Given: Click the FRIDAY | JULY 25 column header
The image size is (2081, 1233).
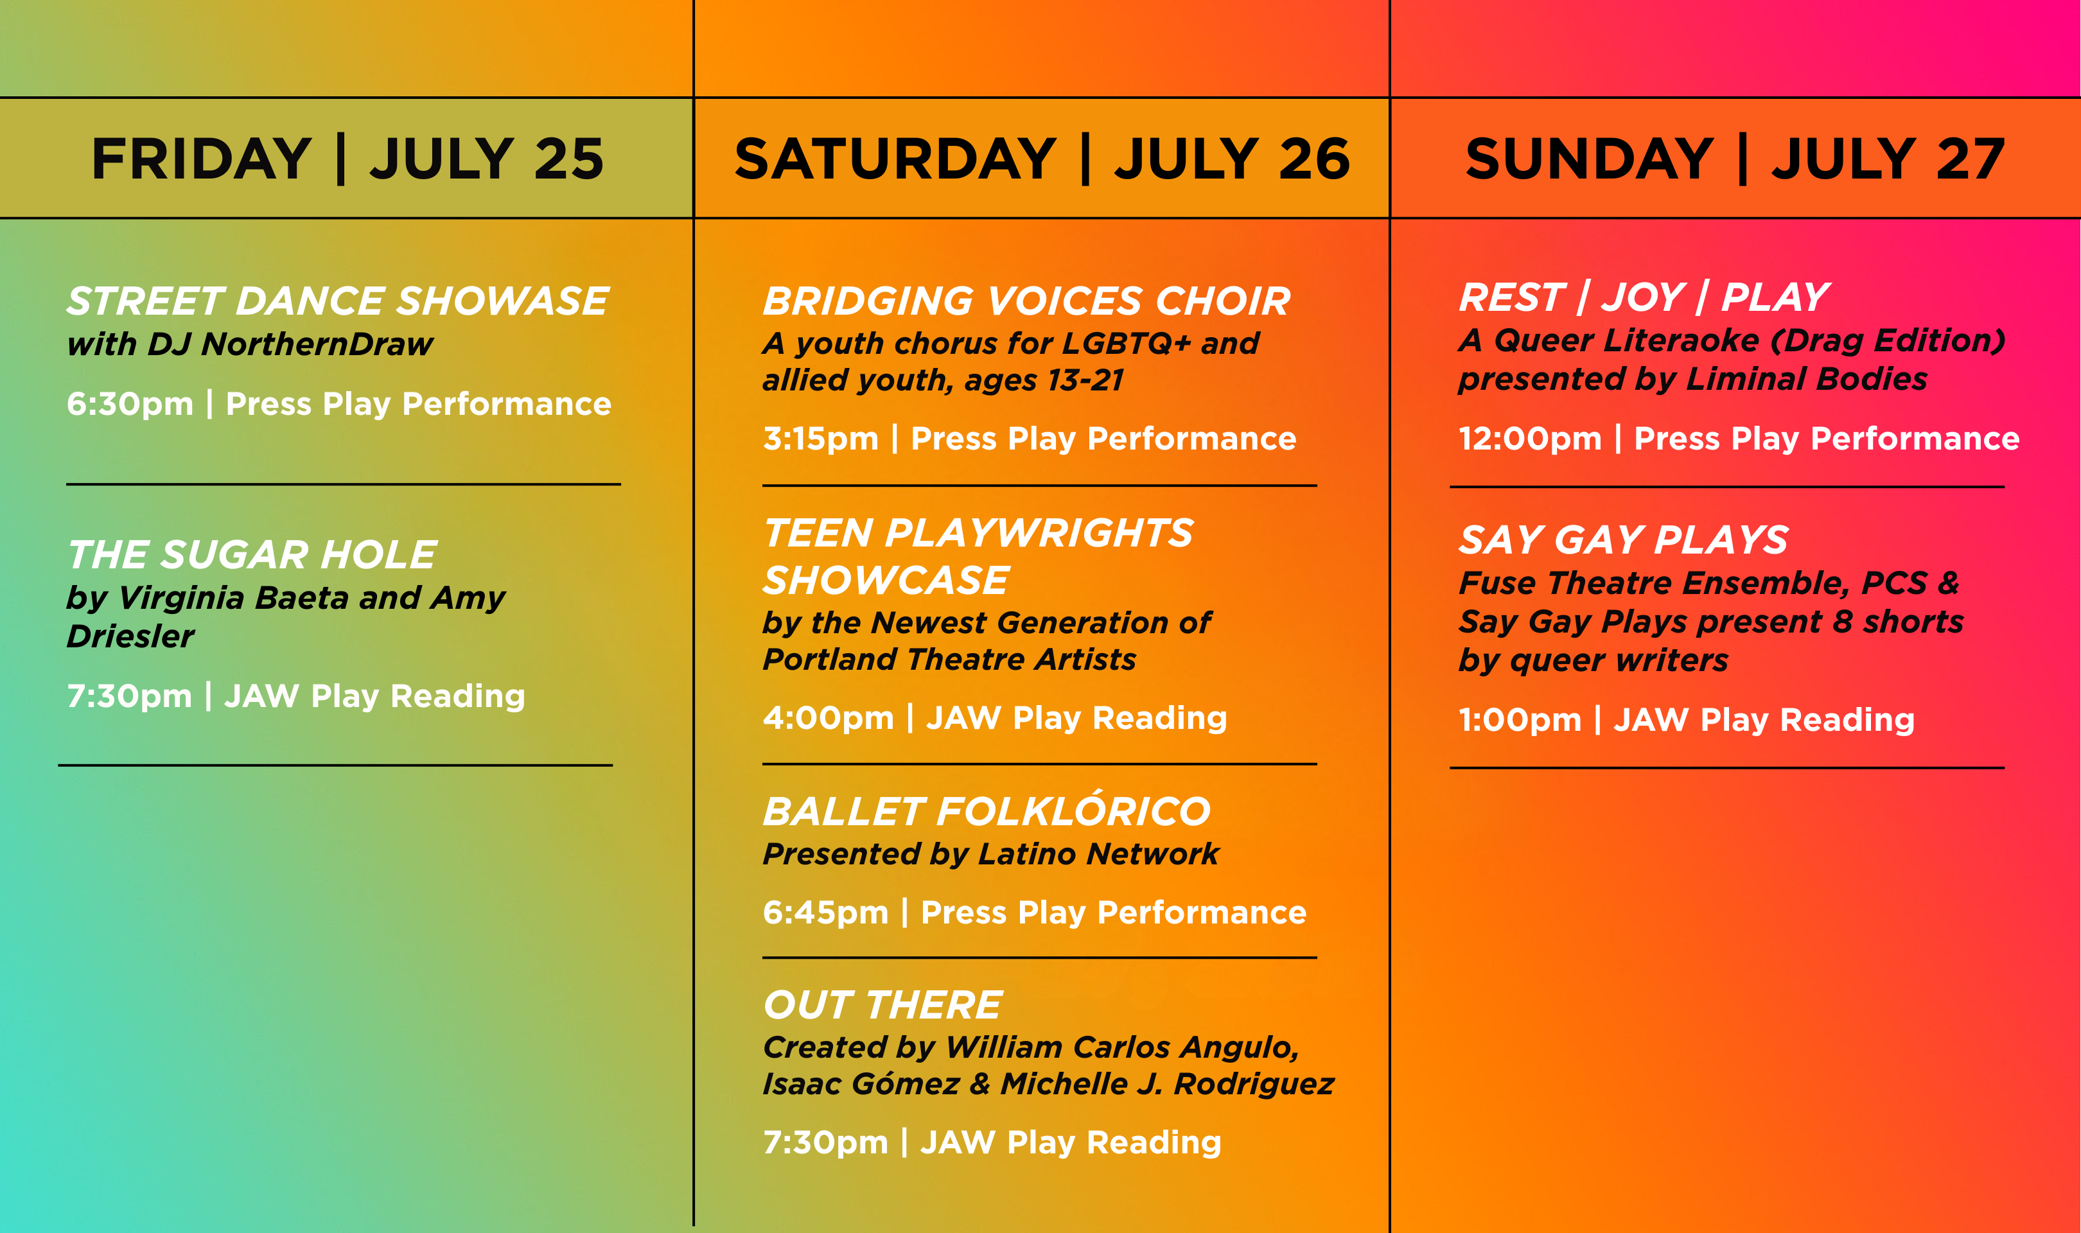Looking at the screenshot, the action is [347, 159].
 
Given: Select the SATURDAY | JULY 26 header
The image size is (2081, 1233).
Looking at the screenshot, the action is [1042, 159].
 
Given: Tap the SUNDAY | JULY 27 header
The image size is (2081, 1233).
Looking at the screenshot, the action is [1735, 159].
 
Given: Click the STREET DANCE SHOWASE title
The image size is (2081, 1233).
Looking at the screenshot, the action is [337, 301].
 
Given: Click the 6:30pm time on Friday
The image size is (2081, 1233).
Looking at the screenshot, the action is [130, 405].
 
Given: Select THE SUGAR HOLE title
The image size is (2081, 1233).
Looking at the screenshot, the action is [252, 554].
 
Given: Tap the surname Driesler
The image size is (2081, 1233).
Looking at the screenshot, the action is [130, 636].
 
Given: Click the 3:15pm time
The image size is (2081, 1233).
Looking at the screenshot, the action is [821, 439].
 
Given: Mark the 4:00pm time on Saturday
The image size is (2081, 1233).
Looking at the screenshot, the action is [829, 718].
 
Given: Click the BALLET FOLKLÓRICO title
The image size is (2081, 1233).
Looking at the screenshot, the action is [987, 809].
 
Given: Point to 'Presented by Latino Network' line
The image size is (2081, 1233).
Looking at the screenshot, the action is [991, 854].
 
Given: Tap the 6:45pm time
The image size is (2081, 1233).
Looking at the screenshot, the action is [826, 913].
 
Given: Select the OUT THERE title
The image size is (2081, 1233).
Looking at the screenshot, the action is [882, 1005].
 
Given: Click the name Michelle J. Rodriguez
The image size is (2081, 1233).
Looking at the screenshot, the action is [1167, 1084].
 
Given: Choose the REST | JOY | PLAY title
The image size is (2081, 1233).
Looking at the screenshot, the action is [1644, 297].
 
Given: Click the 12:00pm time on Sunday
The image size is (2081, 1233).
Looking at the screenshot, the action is [1530, 439].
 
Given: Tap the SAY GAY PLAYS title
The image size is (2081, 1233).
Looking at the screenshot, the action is [1623, 540].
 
